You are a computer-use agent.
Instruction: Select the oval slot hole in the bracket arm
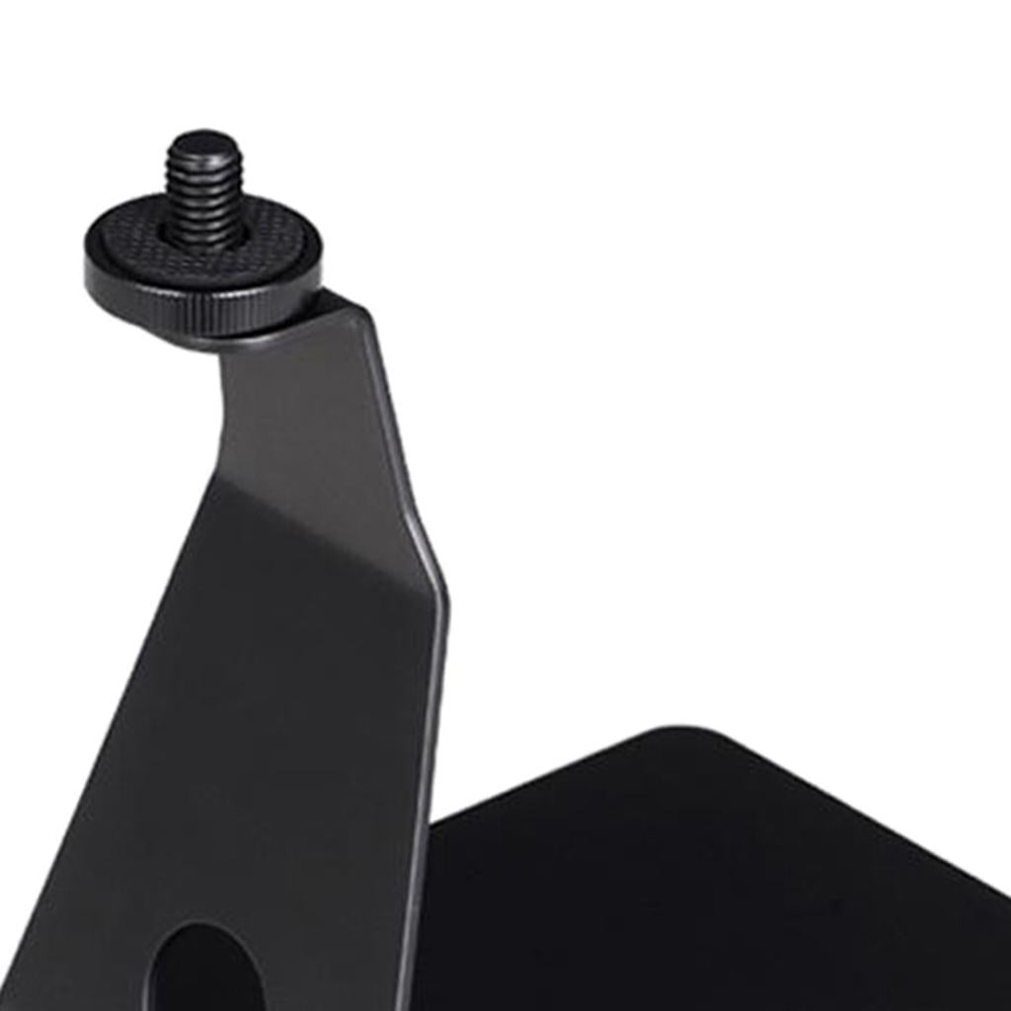pyautogui.click(x=202, y=972)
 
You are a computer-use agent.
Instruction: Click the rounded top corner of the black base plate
pyautogui.click(x=681, y=736)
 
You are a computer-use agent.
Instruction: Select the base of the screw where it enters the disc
pyautogui.click(x=203, y=237)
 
